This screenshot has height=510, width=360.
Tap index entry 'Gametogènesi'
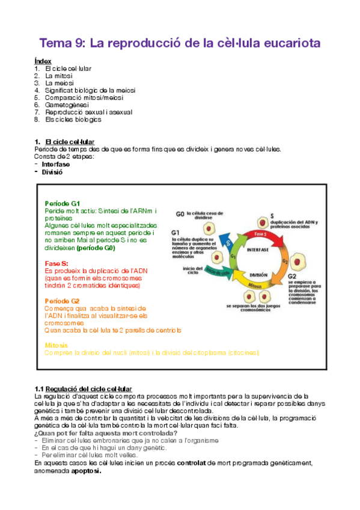click(66, 105)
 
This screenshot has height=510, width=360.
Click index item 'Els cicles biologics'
click(73, 119)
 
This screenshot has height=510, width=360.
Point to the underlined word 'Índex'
click(43, 61)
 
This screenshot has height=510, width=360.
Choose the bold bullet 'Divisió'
click(52, 172)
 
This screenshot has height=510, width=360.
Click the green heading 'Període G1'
click(62, 203)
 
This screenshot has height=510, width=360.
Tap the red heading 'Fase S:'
click(56, 263)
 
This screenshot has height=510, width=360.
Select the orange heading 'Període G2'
click(62, 301)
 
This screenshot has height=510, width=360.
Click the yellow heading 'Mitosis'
click(56, 345)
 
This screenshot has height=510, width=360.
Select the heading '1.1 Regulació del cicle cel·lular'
click(83, 389)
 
